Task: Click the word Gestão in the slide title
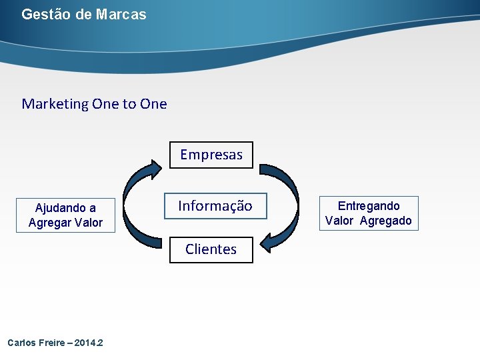(x=46, y=14)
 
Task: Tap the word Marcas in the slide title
(x=121, y=14)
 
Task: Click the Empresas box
(x=211, y=155)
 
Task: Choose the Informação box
(x=215, y=207)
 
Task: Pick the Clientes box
(x=211, y=249)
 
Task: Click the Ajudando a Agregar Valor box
(x=65, y=215)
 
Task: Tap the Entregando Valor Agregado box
(x=368, y=213)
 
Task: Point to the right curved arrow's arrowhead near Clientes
(x=270, y=241)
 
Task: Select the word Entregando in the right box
(x=369, y=206)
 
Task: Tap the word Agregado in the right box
(x=386, y=221)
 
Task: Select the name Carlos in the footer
(x=21, y=343)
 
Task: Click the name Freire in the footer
(x=53, y=343)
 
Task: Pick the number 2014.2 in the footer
(x=89, y=343)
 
